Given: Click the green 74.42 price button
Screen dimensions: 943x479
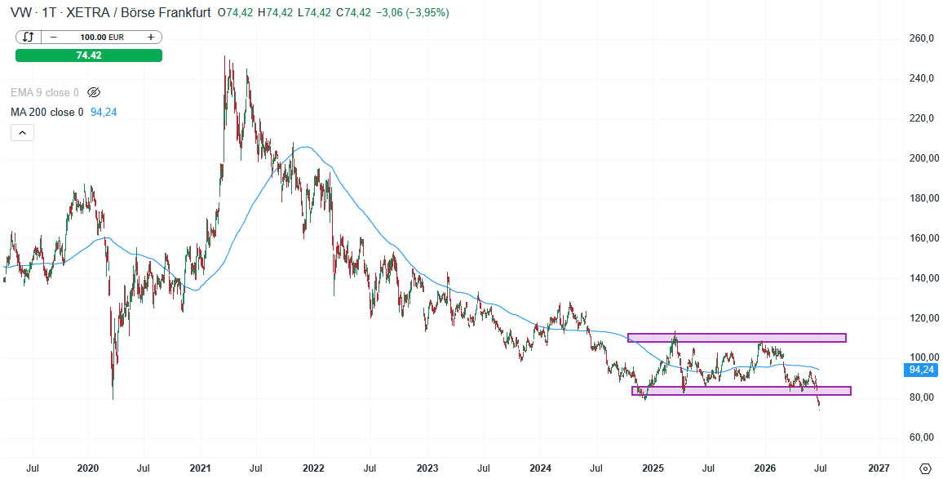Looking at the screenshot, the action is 89,55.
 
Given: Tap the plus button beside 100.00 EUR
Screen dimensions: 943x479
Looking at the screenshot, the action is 150,38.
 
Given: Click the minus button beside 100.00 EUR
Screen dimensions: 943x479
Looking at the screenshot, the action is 54,38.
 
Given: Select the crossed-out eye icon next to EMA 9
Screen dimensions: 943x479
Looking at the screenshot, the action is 93,92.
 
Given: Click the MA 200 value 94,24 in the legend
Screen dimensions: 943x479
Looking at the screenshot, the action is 104,112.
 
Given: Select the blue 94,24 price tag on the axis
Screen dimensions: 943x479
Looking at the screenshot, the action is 920,370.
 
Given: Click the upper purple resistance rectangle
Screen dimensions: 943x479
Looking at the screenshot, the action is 737,338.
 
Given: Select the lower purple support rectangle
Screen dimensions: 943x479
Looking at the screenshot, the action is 742,391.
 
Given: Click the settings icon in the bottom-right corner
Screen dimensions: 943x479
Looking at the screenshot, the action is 925,468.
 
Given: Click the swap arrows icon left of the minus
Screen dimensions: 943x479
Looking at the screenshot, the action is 29,38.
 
